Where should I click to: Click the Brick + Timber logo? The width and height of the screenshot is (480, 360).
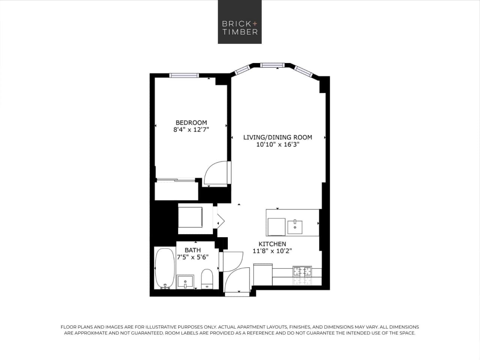[240, 22]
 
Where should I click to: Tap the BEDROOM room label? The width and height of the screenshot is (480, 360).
[191, 122]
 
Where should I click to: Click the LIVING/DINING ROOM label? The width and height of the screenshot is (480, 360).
[278, 137]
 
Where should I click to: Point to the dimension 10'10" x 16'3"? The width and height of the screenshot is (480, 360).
[278, 145]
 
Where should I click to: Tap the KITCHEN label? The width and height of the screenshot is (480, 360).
[272, 244]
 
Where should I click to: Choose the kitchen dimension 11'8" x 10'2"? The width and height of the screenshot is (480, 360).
[272, 251]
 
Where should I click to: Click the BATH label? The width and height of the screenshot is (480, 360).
[193, 250]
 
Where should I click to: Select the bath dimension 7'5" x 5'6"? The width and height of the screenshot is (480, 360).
[193, 258]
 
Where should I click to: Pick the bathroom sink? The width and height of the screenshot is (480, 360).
[185, 281]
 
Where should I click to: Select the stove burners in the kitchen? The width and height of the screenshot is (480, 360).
[302, 271]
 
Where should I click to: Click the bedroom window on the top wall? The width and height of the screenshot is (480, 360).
[184, 75]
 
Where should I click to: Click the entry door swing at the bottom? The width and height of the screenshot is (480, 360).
[236, 280]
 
